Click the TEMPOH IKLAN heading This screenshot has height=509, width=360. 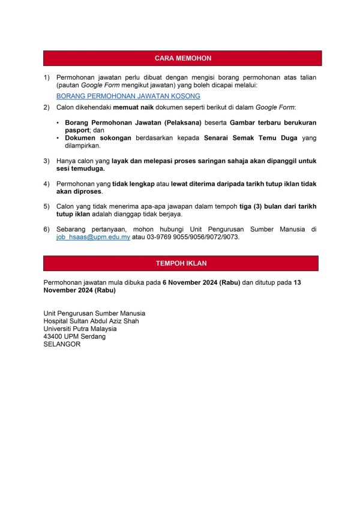pos(181,263)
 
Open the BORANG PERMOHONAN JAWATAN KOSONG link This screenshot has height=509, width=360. pos(128,96)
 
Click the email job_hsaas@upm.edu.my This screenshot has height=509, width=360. pos(93,237)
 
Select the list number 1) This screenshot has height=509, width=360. pos(47,78)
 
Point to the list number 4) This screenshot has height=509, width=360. pos(47,183)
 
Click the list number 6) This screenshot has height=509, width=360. pos(47,230)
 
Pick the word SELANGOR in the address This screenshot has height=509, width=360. pos(62,344)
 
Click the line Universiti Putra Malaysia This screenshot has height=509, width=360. pos(80,329)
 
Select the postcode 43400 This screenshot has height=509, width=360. pos(53,336)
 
